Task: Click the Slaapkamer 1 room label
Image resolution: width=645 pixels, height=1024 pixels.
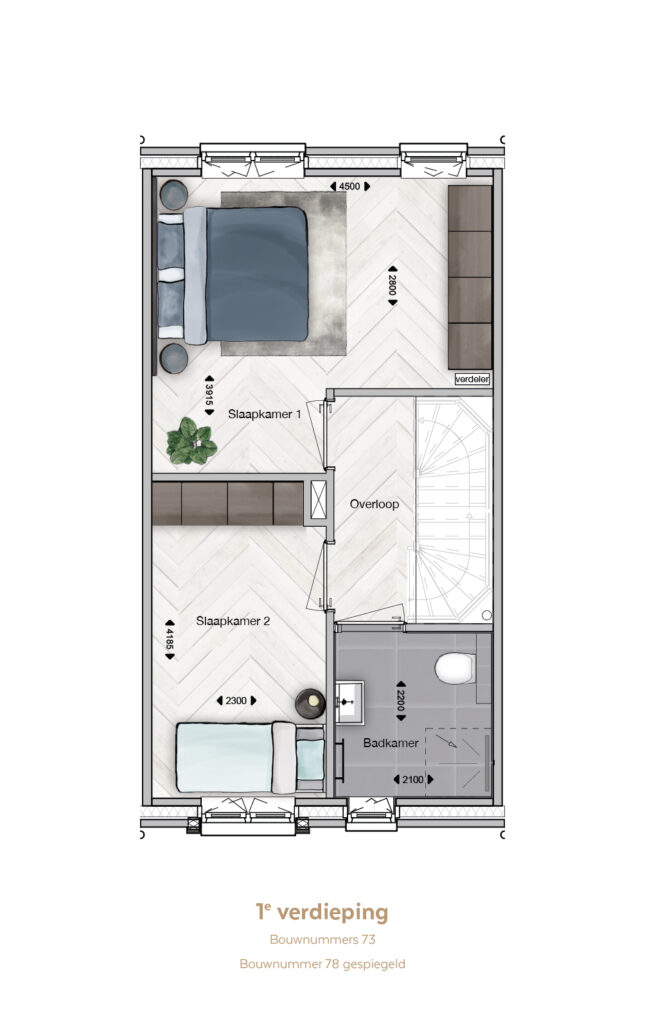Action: pos(264,414)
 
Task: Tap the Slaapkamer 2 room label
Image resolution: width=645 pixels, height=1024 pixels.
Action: pos(233,621)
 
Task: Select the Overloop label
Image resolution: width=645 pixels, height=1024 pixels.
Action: pos(374,504)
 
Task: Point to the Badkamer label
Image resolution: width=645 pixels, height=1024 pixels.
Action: pos(390,743)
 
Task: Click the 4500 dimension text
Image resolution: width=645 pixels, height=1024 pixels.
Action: pos(349,186)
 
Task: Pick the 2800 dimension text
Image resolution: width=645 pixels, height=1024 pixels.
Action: pos(392,285)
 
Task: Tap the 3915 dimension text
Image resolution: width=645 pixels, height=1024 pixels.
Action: pos(210,395)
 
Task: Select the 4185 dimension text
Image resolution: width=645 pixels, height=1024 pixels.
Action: pos(170,639)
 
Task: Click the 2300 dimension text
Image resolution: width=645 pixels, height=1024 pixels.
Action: pos(236,701)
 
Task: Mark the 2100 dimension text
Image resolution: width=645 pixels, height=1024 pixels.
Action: pos(413,779)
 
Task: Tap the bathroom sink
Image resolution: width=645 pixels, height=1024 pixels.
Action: pos(350,702)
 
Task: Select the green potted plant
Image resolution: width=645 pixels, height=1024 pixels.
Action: pos(191,441)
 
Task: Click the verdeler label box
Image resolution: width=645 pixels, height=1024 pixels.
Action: pos(472,379)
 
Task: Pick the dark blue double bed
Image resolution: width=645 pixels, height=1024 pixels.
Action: pos(232,274)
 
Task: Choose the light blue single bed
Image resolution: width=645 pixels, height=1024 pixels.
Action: pos(251,758)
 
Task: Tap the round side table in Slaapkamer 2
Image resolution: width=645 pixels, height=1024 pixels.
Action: pos(310,703)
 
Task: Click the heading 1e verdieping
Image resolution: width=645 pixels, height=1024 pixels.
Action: pos(322,912)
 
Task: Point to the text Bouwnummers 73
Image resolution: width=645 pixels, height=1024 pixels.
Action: pos(322,940)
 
